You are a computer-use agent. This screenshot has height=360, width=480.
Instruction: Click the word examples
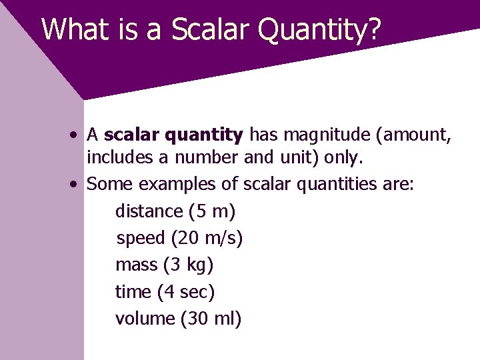(x=177, y=185)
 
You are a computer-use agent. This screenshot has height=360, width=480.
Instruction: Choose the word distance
(x=149, y=211)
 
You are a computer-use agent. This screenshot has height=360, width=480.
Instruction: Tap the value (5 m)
(x=212, y=211)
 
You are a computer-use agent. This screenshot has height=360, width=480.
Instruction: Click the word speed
(x=141, y=239)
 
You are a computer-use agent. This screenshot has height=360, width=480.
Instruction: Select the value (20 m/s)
(x=207, y=239)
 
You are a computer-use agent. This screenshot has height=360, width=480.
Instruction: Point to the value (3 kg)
(x=188, y=265)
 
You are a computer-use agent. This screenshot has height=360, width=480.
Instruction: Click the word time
(x=133, y=292)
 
